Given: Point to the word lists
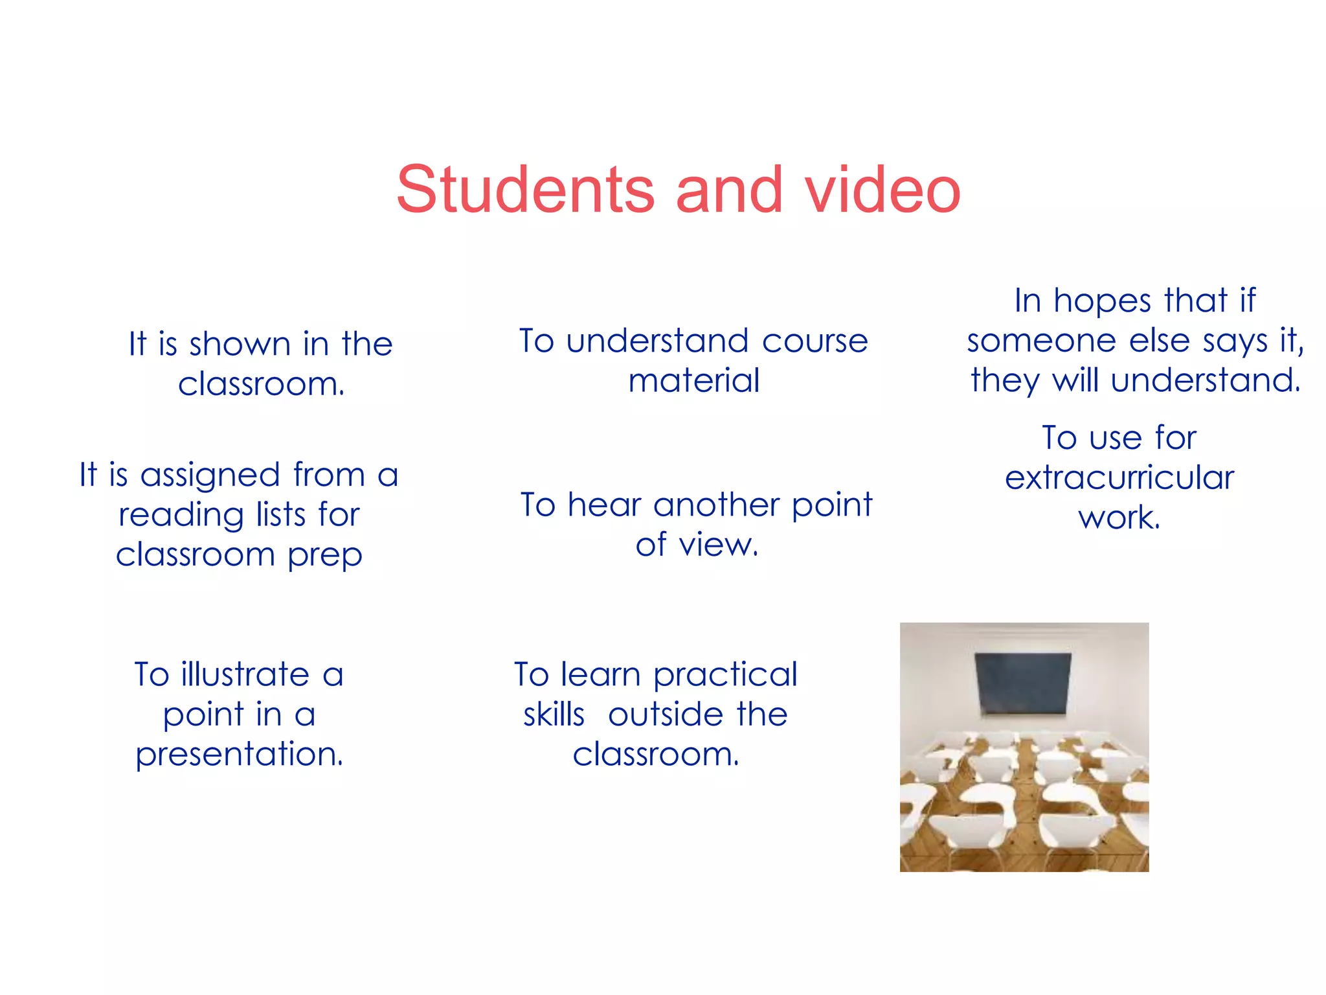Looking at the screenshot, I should (x=280, y=515).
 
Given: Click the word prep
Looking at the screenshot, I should (x=324, y=556).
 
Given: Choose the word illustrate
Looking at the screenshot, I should (x=245, y=674).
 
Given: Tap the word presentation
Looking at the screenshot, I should (x=239, y=755).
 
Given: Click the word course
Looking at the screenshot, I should (x=815, y=341).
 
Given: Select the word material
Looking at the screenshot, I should (x=693, y=380).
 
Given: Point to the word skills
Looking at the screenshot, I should (x=554, y=715).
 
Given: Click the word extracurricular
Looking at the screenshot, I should (x=1119, y=478).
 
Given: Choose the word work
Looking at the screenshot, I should (x=1119, y=518).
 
